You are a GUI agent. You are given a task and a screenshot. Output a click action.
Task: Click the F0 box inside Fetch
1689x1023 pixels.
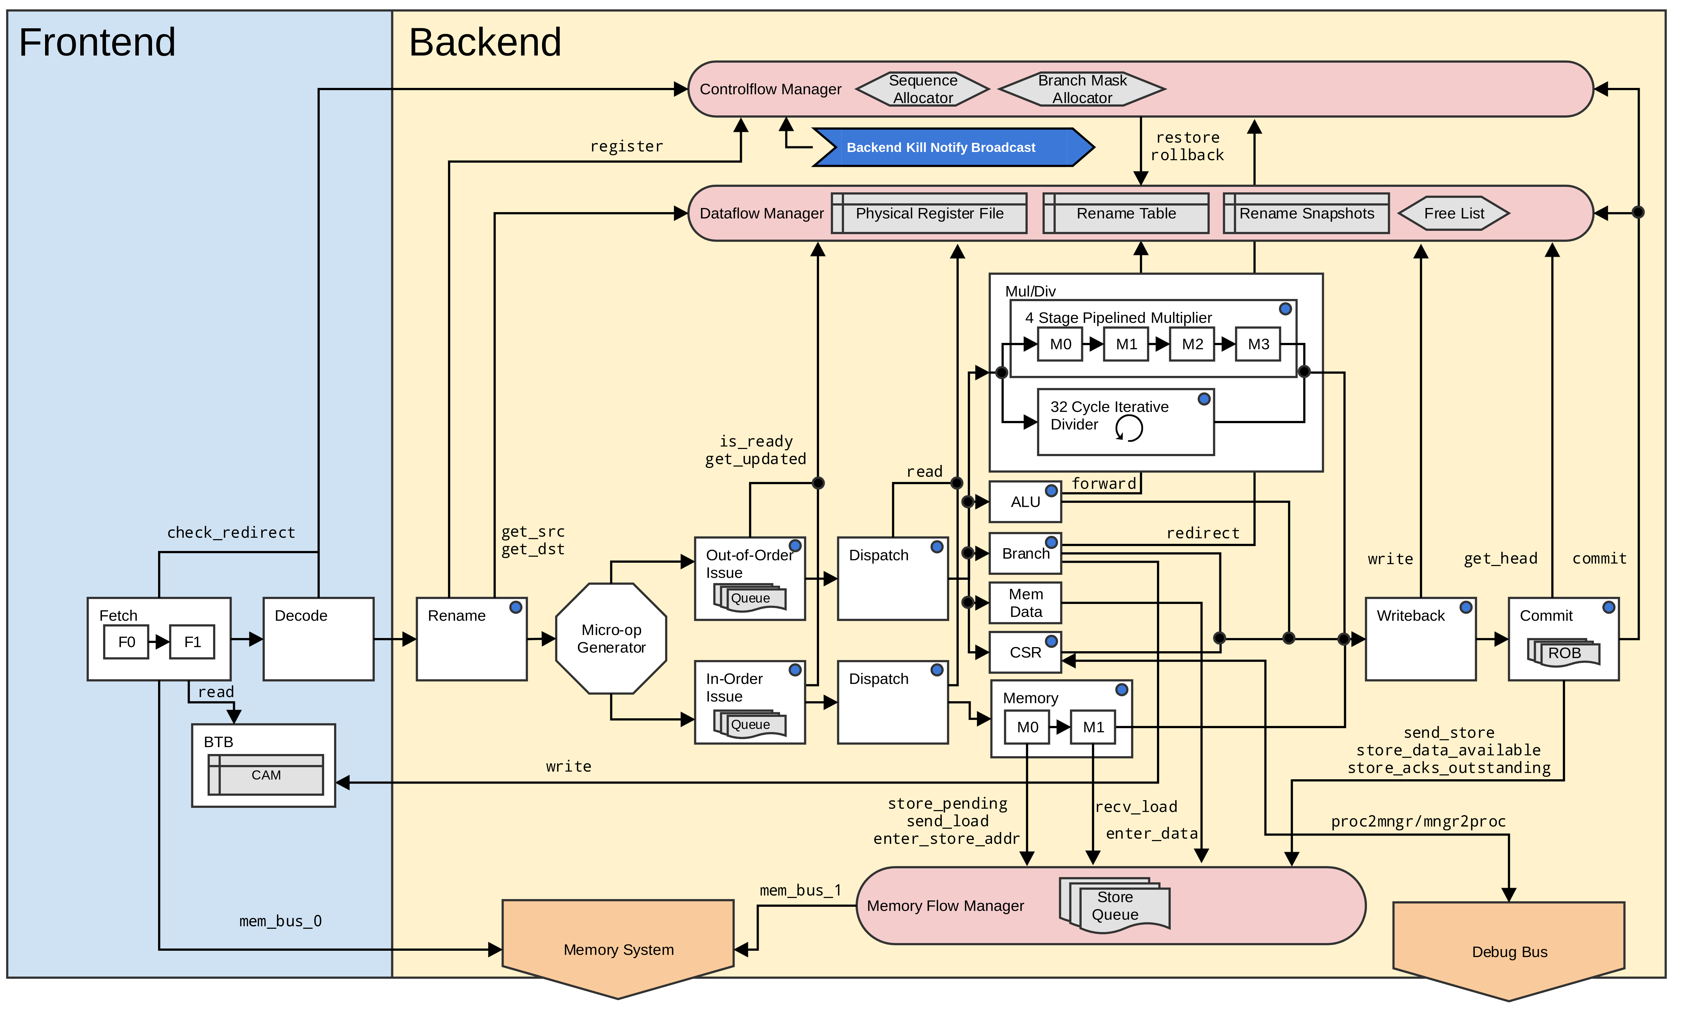pyautogui.click(x=126, y=642)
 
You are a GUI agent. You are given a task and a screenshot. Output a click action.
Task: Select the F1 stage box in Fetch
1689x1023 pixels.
pyautogui.click(x=192, y=642)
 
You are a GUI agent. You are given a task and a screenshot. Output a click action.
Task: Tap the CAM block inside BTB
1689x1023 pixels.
pyautogui.click(x=266, y=775)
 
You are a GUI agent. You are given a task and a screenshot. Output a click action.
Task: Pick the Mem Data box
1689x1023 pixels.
pyautogui.click(x=1026, y=603)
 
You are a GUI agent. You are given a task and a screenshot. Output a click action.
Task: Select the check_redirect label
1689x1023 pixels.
pyautogui.click(x=231, y=533)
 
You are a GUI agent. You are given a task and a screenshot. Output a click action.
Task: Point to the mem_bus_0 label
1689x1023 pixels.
pyautogui.click(x=280, y=921)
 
